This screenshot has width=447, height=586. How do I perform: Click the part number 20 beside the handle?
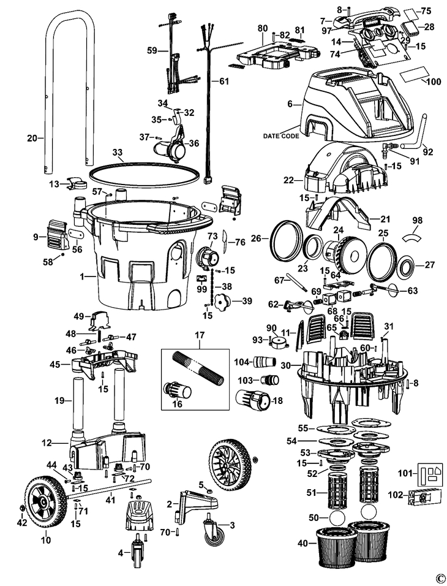pyautogui.click(x=32, y=139)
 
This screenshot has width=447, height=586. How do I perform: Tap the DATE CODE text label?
pyautogui.click(x=281, y=135)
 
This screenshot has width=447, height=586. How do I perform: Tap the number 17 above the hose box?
pyautogui.click(x=199, y=335)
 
